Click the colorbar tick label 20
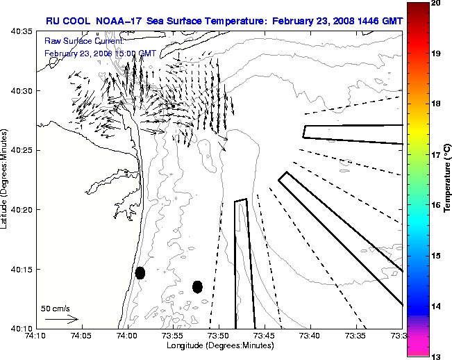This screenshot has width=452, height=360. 435,3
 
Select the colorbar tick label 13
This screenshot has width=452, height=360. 435,356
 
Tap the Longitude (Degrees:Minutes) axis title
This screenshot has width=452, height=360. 218,346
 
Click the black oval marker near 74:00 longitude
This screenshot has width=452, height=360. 140,272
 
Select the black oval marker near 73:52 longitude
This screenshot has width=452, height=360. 197,286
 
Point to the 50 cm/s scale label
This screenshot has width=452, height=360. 55,308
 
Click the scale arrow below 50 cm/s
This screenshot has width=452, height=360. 62,319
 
